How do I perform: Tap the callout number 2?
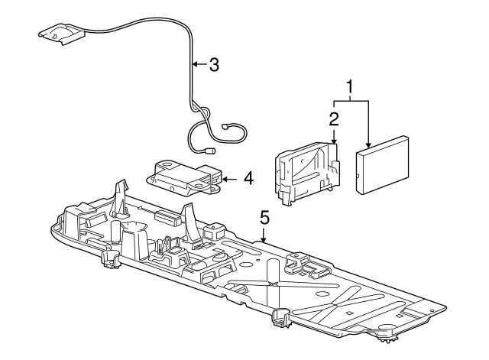pos(334,119)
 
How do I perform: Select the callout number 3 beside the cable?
pos(214,64)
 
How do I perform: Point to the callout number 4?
pos(248,178)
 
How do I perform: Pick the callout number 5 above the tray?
pos(264,218)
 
